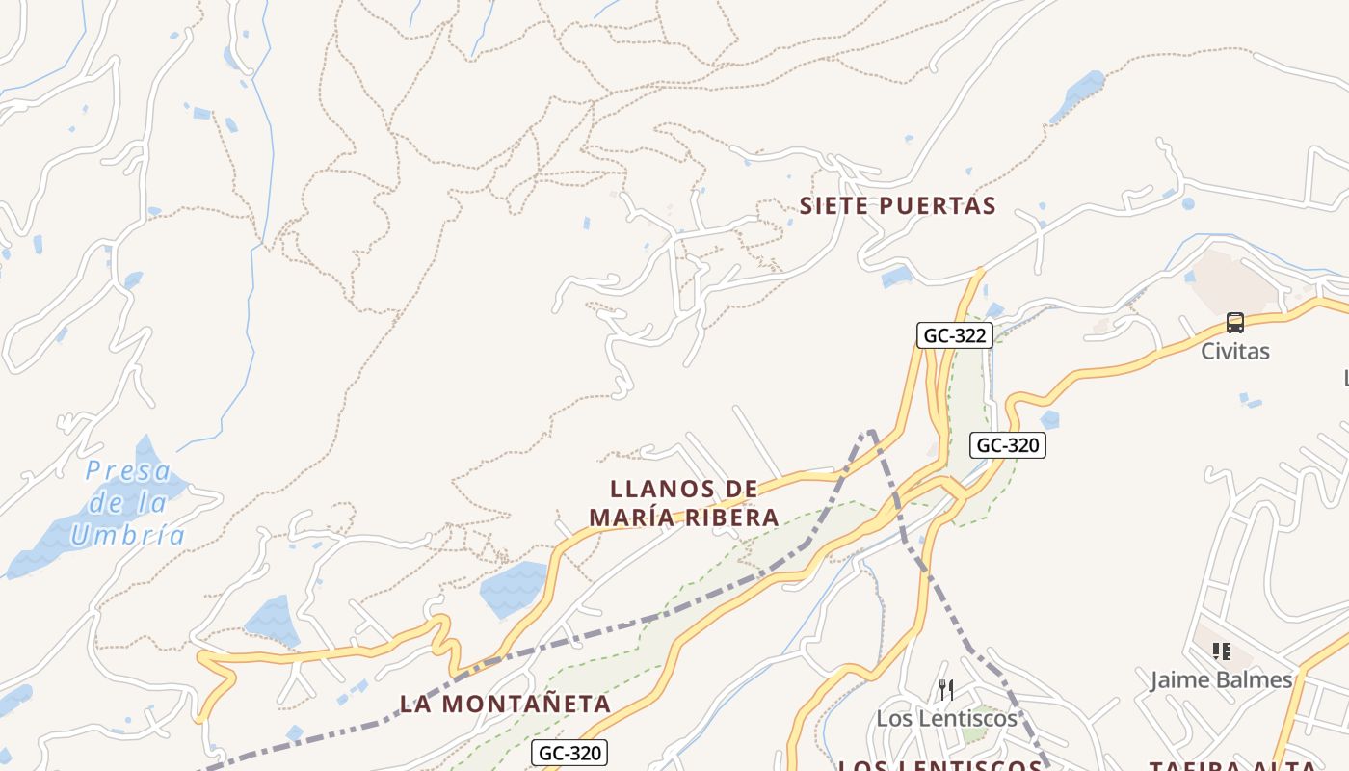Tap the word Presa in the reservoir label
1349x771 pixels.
tap(128, 471)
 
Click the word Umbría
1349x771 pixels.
tap(128, 535)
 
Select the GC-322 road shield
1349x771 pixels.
tap(954, 335)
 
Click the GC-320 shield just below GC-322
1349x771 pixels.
tap(1007, 444)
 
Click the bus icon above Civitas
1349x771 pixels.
tap(1234, 323)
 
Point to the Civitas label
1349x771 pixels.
tap(1234, 351)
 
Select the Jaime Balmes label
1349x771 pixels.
tap(1221, 679)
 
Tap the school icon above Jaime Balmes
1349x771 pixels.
tap(1221, 651)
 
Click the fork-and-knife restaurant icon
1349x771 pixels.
tap(945, 689)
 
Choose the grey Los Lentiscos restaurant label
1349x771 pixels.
tap(946, 718)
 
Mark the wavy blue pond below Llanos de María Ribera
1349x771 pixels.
tap(514, 589)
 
